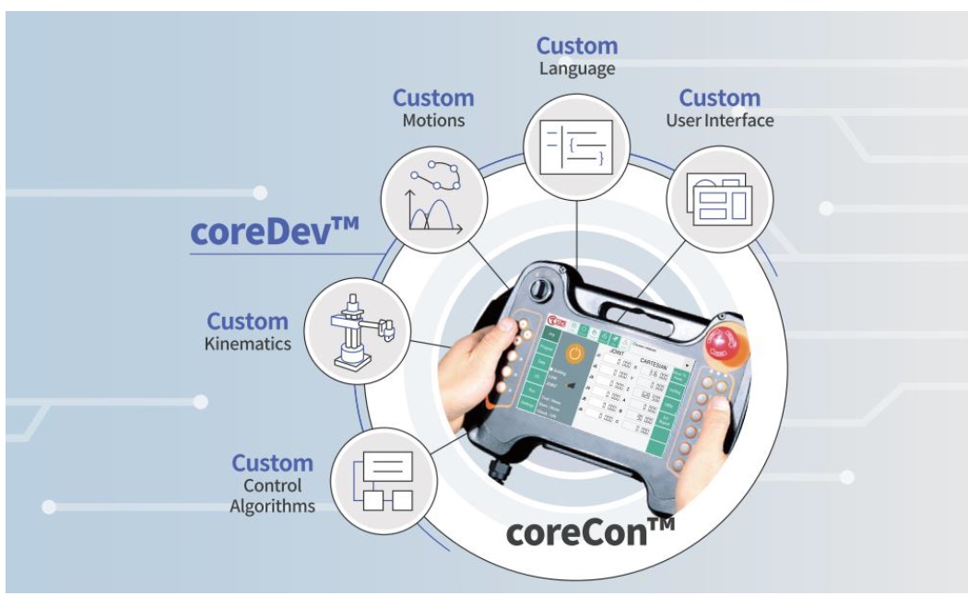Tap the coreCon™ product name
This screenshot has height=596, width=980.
click(590, 532)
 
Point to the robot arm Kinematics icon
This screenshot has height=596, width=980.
click(357, 331)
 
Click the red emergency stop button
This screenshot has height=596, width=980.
click(723, 344)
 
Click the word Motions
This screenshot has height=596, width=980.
click(433, 121)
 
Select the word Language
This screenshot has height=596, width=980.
click(577, 68)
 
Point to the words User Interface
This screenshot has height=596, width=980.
click(719, 121)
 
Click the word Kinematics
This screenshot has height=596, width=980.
click(247, 344)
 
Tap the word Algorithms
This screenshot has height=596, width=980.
click(273, 506)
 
